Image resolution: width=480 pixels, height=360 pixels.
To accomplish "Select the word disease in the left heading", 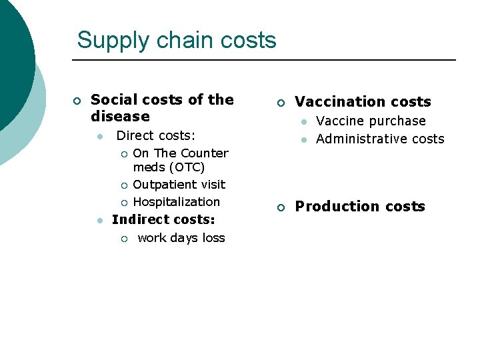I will click(120, 117).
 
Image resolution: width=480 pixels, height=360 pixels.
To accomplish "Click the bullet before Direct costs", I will click(99, 136).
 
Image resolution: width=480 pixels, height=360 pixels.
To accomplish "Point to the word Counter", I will click(205, 153).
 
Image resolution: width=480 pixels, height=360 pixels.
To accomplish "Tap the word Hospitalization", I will click(176, 202).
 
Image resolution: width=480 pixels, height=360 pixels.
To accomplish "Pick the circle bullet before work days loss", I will click(123, 239).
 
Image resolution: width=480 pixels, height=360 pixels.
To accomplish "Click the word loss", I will click(213, 238).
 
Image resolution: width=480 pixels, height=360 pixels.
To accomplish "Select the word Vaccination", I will click(337, 102).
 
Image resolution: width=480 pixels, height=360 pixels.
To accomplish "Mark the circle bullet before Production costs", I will click(281, 208).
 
